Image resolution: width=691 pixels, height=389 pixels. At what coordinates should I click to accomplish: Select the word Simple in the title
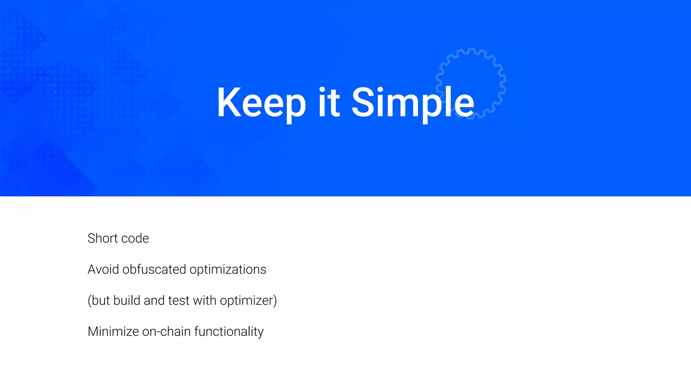413,103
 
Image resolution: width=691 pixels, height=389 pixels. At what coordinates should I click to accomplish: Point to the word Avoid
103,269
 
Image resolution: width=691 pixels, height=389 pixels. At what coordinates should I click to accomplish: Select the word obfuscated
154,269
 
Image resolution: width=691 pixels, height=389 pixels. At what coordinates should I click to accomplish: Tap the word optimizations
228,269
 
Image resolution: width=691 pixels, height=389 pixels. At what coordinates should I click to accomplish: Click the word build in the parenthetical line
127,301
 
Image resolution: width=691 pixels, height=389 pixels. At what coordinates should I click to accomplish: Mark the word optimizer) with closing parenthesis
248,301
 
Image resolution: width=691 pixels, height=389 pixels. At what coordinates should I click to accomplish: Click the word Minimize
113,332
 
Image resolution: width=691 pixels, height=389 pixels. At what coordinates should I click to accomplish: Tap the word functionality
229,332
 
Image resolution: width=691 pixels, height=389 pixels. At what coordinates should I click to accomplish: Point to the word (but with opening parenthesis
99,301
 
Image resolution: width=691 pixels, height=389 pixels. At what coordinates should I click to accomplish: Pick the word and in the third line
154,301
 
